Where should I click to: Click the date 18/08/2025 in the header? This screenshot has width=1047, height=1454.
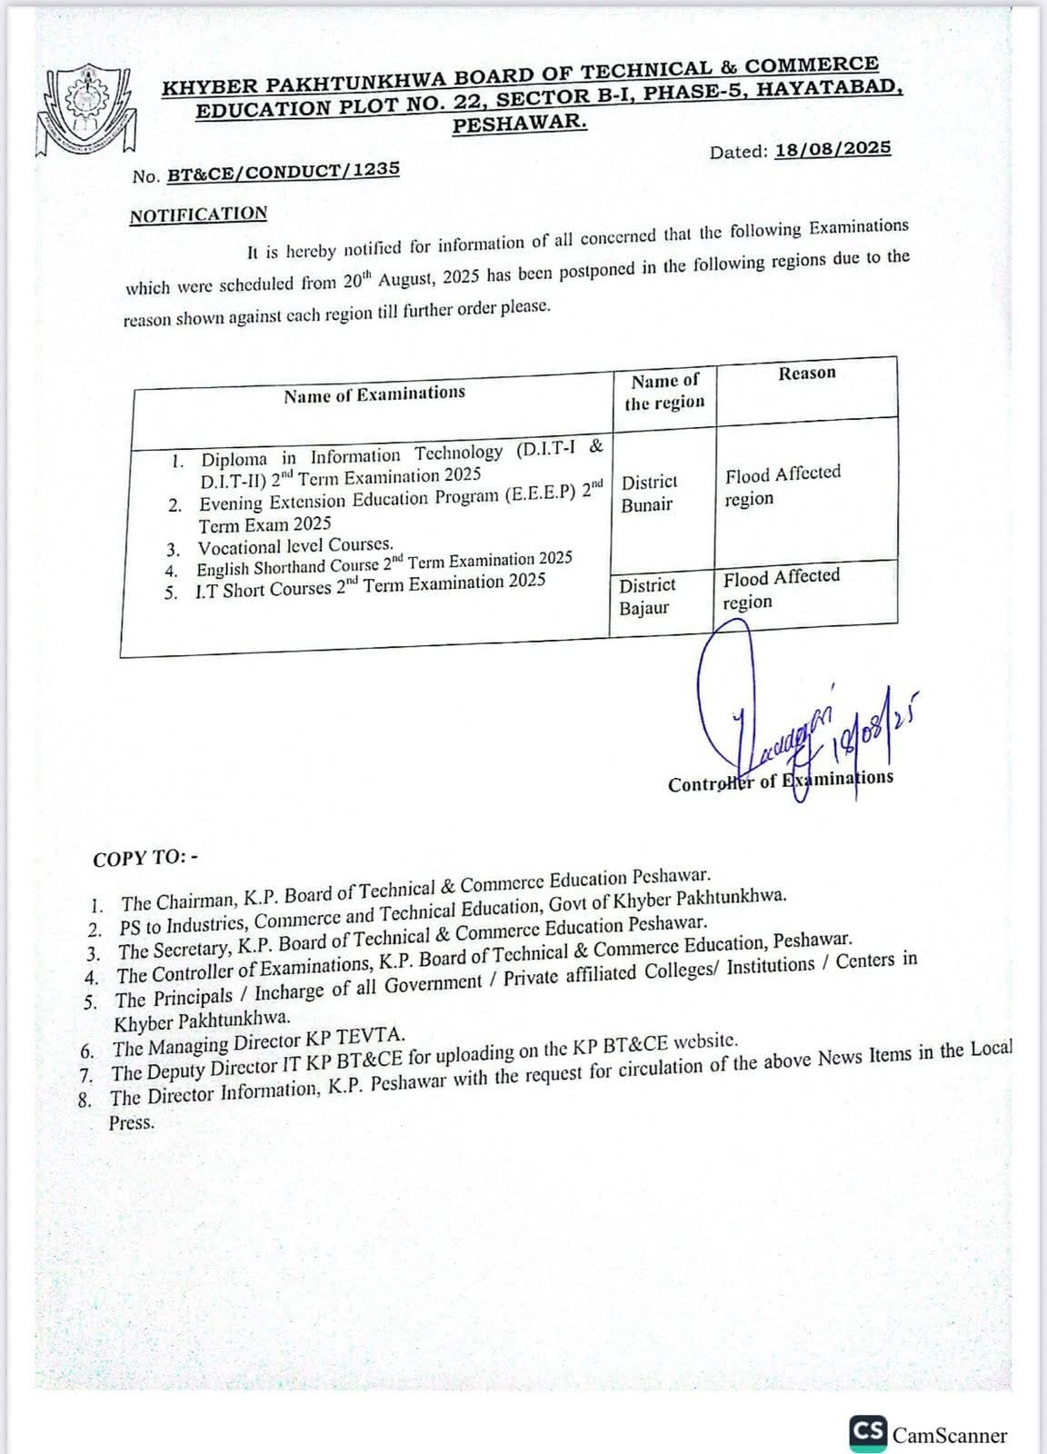pos(833,149)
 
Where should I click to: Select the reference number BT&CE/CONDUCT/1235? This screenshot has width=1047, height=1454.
pos(283,172)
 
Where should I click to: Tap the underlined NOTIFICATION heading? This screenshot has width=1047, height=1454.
pos(198,214)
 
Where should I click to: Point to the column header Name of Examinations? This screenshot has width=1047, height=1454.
pos(374,394)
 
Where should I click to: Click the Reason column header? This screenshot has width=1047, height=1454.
pos(806,373)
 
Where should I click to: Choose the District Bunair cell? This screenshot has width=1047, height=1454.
pos(649,493)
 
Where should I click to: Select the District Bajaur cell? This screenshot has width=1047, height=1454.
pos(646,596)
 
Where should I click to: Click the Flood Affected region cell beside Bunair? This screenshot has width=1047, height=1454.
pos(782,485)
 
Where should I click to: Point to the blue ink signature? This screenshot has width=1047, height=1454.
pos(800,718)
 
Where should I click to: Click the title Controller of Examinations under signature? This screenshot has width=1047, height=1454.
pos(780,781)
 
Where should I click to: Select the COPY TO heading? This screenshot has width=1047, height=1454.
pos(145,857)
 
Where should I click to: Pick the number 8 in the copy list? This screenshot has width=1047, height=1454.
pos(86,1099)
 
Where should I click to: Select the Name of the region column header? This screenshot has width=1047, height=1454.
pos(664,392)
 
